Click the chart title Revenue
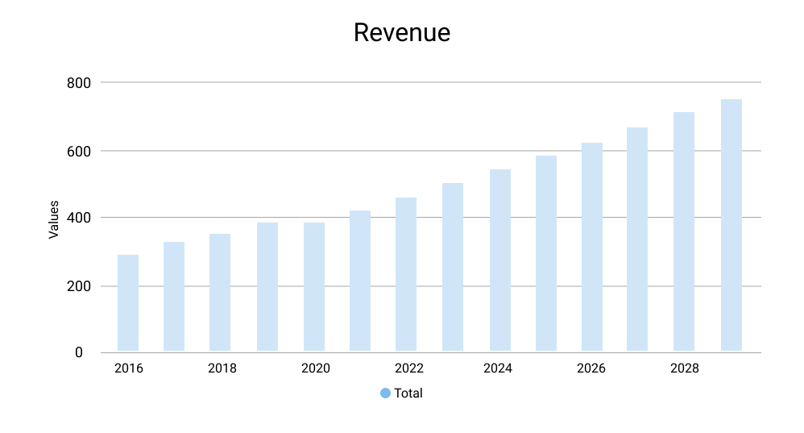pyautogui.click(x=401, y=33)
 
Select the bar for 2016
pyautogui.click(x=128, y=302)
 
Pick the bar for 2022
pyautogui.click(x=406, y=274)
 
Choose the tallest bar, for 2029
pyautogui.click(x=731, y=225)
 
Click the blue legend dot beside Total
pyautogui.click(x=385, y=393)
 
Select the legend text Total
pyautogui.click(x=408, y=393)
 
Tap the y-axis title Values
pyautogui.click(x=54, y=219)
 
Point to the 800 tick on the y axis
pyautogui.click(x=78, y=83)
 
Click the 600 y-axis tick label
pyautogui.click(x=78, y=151)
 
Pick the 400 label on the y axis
pyautogui.click(x=78, y=218)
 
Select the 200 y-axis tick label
pyautogui.click(x=78, y=286)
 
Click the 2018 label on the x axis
pyautogui.click(x=222, y=369)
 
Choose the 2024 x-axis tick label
pyautogui.click(x=498, y=369)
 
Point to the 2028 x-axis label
pyautogui.click(x=685, y=369)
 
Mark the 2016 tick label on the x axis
pyautogui.click(x=129, y=369)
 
